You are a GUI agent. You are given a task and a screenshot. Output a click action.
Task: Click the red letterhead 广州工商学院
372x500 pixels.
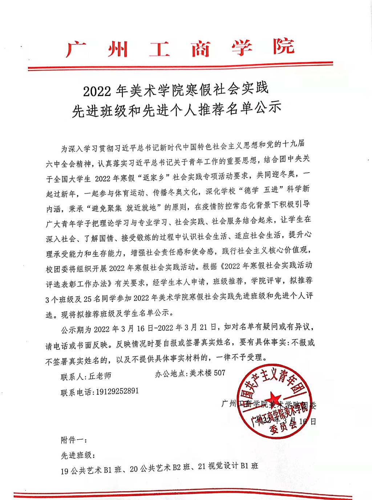[x=180, y=48]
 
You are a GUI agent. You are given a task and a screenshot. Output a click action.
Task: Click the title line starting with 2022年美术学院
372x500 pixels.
[x=175, y=90]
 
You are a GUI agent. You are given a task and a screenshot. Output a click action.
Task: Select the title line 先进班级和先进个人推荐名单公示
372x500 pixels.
[x=177, y=109]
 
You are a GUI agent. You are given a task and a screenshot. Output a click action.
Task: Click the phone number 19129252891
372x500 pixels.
[x=116, y=391]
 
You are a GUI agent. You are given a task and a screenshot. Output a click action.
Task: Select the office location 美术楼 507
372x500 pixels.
[x=207, y=373]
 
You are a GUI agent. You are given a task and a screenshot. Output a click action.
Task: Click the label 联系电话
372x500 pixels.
[x=77, y=392]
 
